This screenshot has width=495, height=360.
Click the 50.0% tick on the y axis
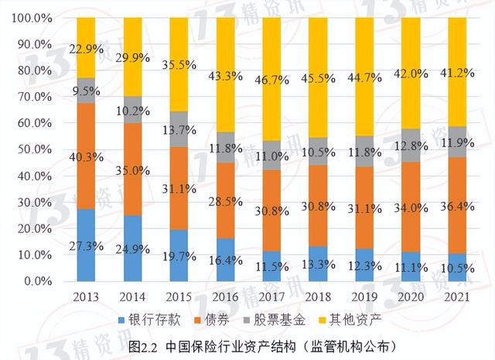click(32, 149)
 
